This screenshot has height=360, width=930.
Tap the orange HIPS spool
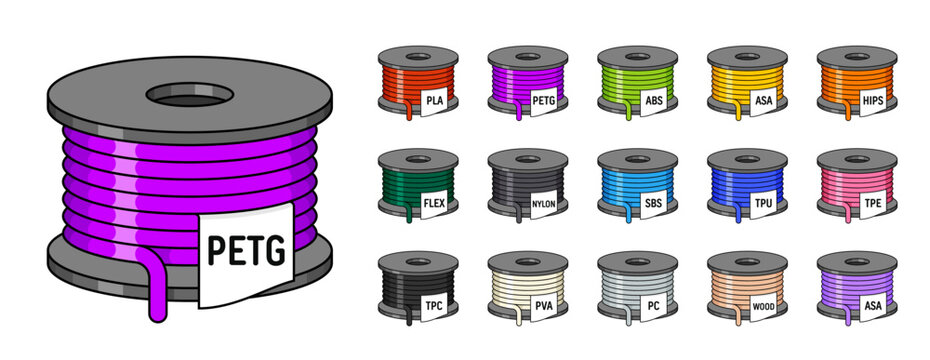click(x=856, y=84)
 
